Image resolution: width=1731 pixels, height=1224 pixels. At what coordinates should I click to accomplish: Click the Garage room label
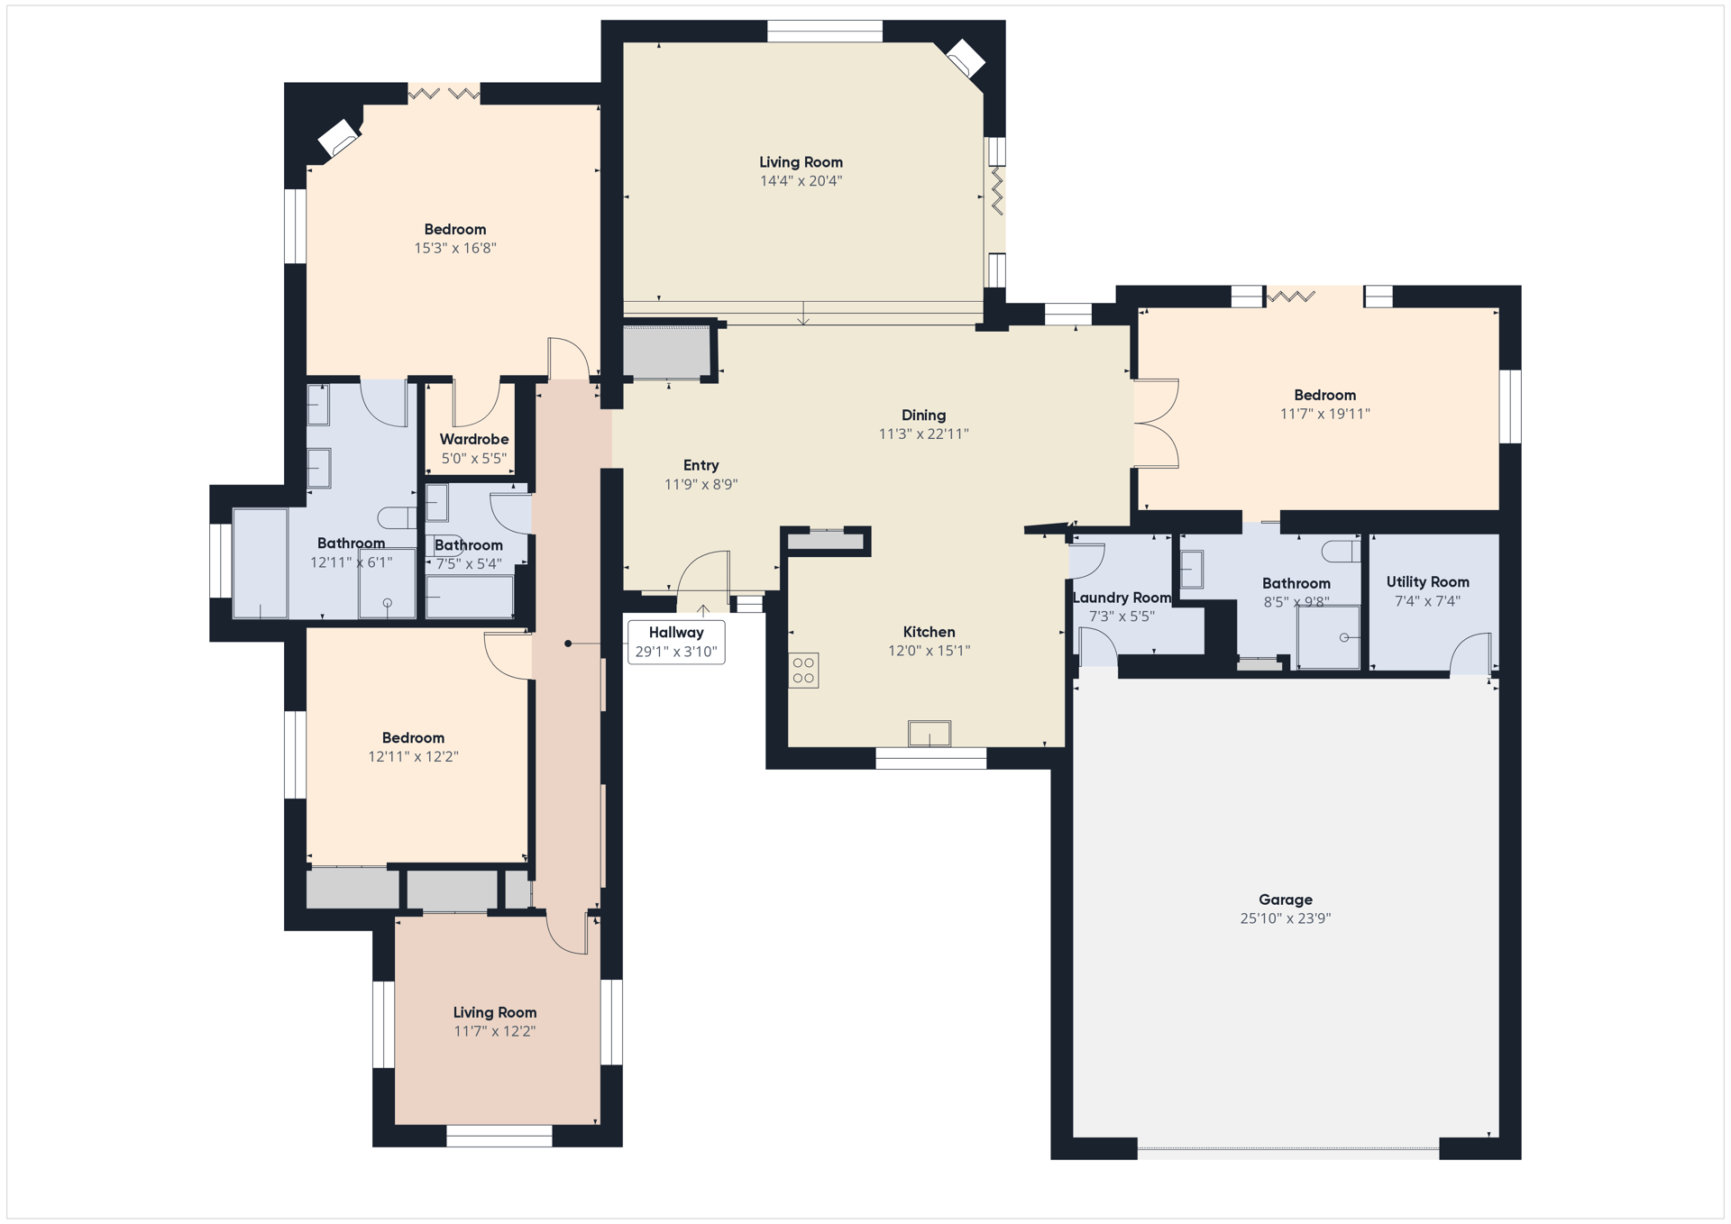(x=1285, y=900)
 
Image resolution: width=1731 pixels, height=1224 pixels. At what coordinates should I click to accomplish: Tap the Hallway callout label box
(x=676, y=642)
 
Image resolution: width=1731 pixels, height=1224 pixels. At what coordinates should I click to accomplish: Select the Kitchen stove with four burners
(x=803, y=671)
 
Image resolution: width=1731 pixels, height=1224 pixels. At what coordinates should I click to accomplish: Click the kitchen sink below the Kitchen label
(x=929, y=734)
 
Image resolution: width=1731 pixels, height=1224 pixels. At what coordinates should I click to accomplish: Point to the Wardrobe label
(x=474, y=439)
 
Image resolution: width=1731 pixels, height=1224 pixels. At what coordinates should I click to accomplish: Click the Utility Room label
(x=1427, y=582)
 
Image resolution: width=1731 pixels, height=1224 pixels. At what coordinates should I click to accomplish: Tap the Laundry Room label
(x=1122, y=598)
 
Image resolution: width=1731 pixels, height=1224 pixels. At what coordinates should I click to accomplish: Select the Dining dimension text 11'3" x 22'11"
(x=923, y=434)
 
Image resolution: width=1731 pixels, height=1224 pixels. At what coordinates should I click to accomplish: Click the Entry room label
(x=701, y=466)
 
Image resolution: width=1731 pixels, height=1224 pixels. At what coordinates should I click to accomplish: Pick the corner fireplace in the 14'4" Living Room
(x=965, y=59)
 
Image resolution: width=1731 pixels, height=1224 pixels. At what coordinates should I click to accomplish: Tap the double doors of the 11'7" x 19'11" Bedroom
(x=1157, y=424)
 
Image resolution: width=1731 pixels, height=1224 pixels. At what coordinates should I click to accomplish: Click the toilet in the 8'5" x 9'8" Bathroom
(x=1342, y=550)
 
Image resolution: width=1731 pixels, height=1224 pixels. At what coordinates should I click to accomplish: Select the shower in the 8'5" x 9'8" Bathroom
(x=1328, y=637)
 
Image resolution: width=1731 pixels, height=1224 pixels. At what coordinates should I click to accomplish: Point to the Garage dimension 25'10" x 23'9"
(x=1285, y=918)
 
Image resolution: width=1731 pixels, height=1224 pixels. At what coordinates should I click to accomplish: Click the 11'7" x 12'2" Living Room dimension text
(x=494, y=1031)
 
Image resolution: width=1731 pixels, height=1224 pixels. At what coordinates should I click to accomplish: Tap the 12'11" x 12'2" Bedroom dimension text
(x=413, y=757)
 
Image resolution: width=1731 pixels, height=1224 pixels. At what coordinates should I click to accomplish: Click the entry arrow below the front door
(x=703, y=612)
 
